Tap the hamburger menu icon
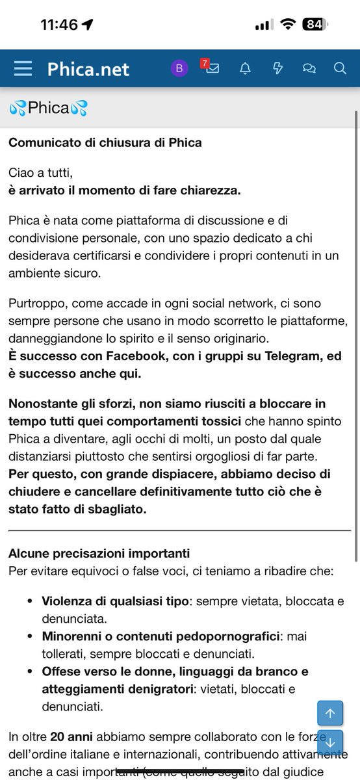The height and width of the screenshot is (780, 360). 23,68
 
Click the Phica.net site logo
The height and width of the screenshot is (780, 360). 88,69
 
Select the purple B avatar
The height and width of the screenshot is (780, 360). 179,68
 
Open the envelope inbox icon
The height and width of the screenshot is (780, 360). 212,68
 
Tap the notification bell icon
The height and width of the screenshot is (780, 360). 245,68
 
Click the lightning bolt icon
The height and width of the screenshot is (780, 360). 277,68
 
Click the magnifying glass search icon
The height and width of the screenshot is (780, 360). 340,68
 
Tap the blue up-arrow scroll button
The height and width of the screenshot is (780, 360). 329,713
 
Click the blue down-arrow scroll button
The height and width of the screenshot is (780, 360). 329,742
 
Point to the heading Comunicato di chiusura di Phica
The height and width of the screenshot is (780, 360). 105,142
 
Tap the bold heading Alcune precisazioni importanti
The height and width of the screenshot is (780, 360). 99,554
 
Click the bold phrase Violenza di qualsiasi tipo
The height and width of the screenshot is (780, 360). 115,601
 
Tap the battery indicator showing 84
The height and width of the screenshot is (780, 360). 315,24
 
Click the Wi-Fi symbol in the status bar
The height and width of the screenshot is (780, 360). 287,24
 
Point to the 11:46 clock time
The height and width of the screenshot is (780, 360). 59,24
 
